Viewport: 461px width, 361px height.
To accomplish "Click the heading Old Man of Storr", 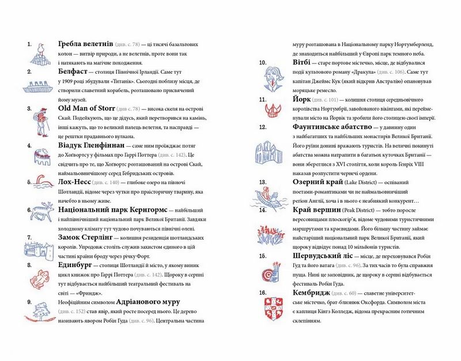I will click(86, 108).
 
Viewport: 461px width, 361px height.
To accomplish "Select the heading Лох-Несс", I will click(77, 182).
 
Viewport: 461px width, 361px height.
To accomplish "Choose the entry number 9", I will click(29, 301).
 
